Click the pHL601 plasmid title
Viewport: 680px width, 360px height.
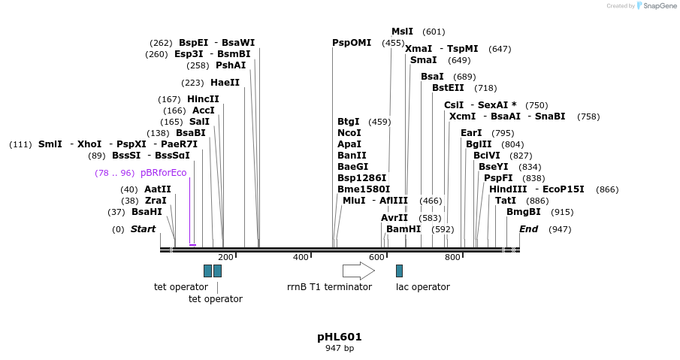pyautogui.click(x=340, y=337)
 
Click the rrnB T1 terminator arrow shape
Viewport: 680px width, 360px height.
pyautogui.click(x=358, y=271)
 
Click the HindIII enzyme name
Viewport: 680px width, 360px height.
pyautogui.click(x=508, y=189)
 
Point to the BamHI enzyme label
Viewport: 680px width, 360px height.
pyautogui.click(x=403, y=229)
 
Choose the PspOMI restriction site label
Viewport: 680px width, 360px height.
pyautogui.click(x=352, y=43)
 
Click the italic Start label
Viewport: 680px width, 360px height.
pyautogui.click(x=144, y=229)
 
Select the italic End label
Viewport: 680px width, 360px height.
pyautogui.click(x=529, y=229)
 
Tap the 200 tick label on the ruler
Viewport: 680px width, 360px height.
pyautogui.click(x=225, y=258)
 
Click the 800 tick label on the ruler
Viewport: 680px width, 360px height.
pyautogui.click(x=452, y=258)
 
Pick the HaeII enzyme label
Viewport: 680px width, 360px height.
pyautogui.click(x=225, y=83)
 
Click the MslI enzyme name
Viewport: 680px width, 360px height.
pyautogui.click(x=402, y=32)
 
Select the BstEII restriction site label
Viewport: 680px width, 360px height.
pyautogui.click(x=448, y=88)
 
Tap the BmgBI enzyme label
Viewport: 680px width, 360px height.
pyautogui.click(x=524, y=212)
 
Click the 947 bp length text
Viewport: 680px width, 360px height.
pyautogui.click(x=340, y=348)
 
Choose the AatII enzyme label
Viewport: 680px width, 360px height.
pyautogui.click(x=158, y=189)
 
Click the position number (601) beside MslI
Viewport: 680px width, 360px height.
pyautogui.click(x=434, y=32)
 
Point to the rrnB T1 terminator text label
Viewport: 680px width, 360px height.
pyautogui.click(x=329, y=287)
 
